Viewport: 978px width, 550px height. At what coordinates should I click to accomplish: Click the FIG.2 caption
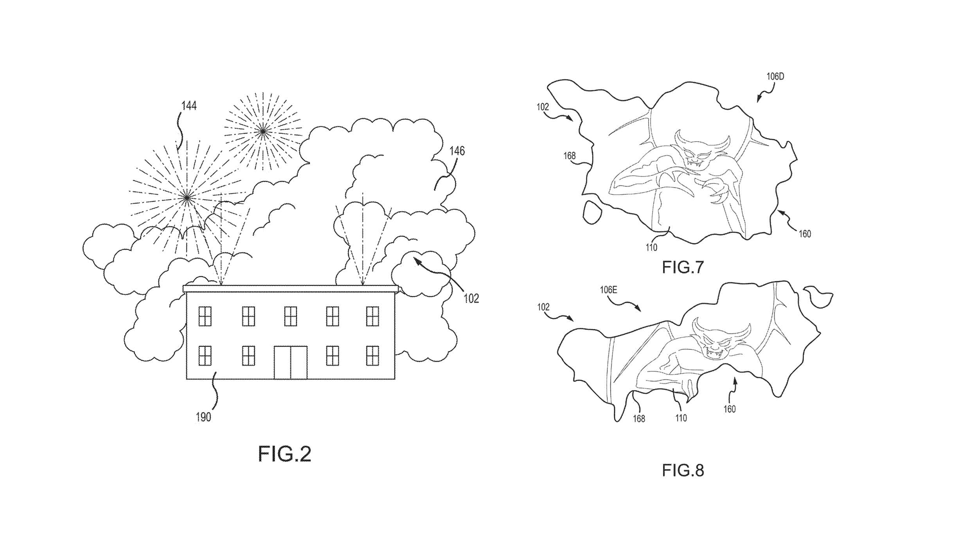coord(284,454)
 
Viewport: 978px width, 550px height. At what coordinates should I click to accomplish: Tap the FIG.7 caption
coord(683,267)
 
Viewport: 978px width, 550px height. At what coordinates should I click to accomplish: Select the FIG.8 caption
coord(683,470)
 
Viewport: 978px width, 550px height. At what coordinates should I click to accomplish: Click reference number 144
coord(189,106)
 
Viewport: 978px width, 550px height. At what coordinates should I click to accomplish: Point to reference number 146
coord(457,151)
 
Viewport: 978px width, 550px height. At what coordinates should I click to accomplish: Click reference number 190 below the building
coord(203,417)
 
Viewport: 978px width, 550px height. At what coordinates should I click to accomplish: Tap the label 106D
coord(775,77)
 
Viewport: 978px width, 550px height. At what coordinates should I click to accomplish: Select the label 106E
coord(609,290)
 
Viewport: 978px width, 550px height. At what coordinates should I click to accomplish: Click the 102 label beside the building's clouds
coord(471,299)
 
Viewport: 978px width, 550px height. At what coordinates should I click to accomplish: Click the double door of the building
coord(290,362)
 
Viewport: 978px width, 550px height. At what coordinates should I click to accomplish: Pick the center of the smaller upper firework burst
coord(263,131)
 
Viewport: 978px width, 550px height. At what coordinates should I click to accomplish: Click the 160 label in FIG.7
coord(805,234)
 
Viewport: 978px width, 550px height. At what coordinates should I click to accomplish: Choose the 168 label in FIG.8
coord(639,419)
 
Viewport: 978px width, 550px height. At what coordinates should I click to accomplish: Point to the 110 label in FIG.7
coord(651,248)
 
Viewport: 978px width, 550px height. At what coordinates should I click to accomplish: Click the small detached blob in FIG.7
coord(592,212)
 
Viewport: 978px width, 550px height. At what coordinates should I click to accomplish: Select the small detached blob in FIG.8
coord(817,297)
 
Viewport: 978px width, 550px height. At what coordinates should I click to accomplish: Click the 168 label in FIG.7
coord(569,156)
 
